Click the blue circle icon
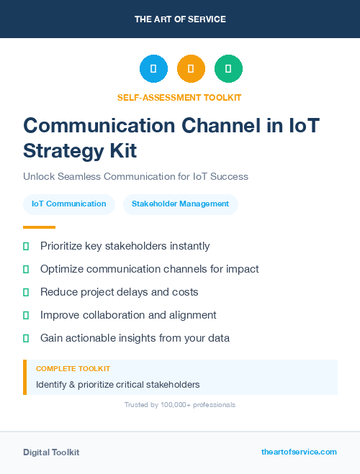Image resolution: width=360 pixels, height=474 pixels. pyautogui.click(x=153, y=69)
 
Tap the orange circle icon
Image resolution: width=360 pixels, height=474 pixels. pyautogui.click(x=191, y=69)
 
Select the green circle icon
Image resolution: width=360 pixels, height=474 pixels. pyautogui.click(x=228, y=69)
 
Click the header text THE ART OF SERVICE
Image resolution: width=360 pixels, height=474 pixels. pyautogui.click(x=180, y=19)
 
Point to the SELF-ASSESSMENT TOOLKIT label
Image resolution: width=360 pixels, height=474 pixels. pyautogui.click(x=179, y=97)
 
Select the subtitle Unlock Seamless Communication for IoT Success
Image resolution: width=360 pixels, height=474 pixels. pyautogui.click(x=135, y=176)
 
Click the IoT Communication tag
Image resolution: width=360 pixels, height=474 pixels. pyautogui.click(x=69, y=204)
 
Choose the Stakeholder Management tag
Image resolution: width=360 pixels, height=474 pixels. pyautogui.click(x=180, y=204)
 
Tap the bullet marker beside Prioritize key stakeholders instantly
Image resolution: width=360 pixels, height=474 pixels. pyautogui.click(x=26, y=246)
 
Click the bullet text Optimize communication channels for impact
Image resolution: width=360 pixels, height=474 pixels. pyautogui.click(x=149, y=269)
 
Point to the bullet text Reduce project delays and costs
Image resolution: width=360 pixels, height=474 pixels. pyautogui.click(x=119, y=292)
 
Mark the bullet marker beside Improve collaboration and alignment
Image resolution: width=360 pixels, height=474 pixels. pyautogui.click(x=26, y=315)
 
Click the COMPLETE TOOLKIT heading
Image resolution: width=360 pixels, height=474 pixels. pyautogui.click(x=73, y=369)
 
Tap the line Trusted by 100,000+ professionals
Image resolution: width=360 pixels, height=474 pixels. pyautogui.click(x=180, y=405)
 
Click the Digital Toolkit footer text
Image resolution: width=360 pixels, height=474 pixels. pyautogui.click(x=51, y=452)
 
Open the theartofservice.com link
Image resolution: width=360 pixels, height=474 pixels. pyautogui.click(x=299, y=452)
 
